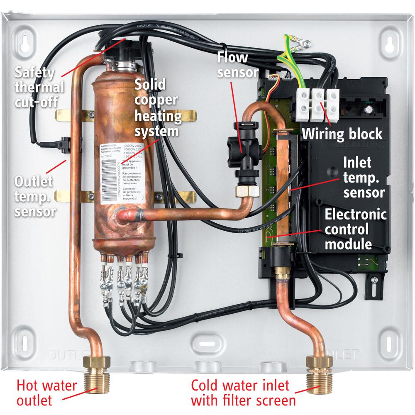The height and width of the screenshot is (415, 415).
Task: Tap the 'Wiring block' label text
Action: click(342, 134)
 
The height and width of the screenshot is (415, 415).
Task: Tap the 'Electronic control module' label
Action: click(355, 229)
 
